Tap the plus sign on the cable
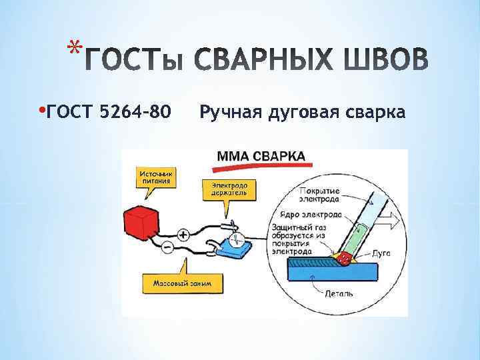[183, 235]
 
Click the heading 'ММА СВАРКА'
[261, 157]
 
